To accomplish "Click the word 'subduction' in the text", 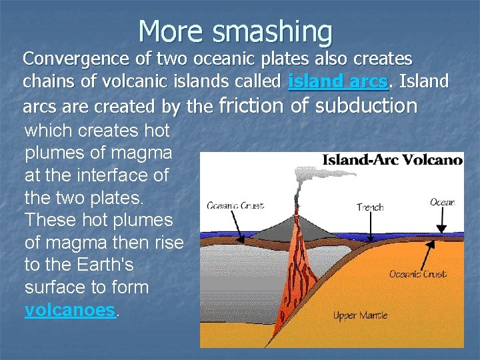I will point(366,105).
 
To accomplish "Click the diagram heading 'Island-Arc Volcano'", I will point(392,160).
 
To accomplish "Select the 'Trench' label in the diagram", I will point(370,207).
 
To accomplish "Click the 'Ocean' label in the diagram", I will point(442,201).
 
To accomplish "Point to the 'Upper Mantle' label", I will point(361,315).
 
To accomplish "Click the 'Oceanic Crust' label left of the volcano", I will point(235,205).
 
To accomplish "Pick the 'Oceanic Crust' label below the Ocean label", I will point(418,274).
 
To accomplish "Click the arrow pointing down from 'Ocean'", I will point(441,219).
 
